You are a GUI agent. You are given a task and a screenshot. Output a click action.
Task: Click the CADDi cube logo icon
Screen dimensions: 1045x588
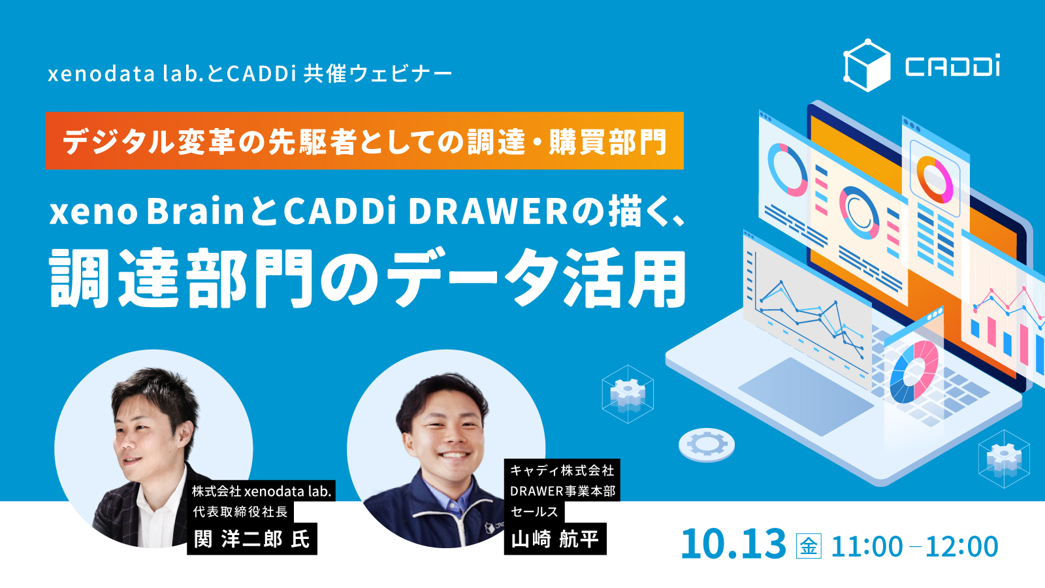pos(867,65)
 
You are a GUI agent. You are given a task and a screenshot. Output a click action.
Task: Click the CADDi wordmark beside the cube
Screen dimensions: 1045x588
pos(953,66)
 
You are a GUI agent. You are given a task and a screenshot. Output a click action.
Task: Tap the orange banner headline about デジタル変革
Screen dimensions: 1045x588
pos(364,141)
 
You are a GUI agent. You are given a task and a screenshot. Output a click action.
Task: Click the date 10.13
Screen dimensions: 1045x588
pos(733,544)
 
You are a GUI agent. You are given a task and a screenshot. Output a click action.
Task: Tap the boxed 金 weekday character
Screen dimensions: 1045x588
pos(809,546)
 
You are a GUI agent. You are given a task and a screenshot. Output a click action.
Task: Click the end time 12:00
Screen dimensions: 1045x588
pos(962,546)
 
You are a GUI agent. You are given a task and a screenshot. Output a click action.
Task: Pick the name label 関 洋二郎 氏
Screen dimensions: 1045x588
pos(252,539)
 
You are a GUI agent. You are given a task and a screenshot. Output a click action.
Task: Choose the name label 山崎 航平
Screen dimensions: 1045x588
pos(555,539)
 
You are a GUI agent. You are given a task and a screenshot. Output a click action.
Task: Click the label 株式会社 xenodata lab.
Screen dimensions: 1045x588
pos(261,491)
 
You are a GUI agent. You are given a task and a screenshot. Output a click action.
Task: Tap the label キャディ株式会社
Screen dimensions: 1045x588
pos(562,470)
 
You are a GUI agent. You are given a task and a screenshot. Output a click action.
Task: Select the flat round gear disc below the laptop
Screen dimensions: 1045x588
pos(707,445)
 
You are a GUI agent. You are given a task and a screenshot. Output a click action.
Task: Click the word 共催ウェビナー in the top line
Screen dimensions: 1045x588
pos(378,74)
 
